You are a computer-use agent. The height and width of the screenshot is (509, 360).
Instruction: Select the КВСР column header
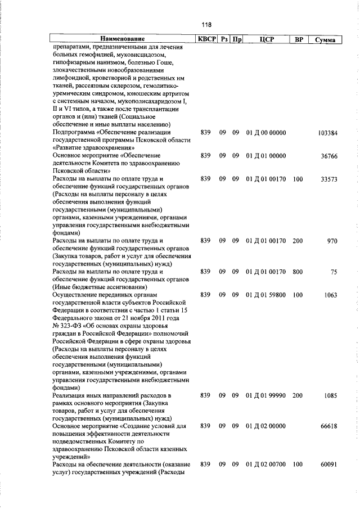point(205,40)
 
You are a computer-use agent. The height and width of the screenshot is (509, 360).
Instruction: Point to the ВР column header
point(299,40)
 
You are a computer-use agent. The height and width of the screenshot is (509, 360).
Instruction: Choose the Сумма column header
point(326,40)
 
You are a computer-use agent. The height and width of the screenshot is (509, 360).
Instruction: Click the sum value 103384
point(327,133)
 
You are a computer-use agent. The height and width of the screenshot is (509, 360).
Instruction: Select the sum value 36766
point(329,156)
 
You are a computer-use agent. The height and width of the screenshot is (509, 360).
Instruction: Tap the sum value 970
point(332,241)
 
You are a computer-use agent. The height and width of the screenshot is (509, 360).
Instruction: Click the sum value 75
point(334,272)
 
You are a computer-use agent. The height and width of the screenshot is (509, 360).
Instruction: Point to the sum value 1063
point(331,295)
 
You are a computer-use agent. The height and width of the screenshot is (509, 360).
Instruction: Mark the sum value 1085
point(331,395)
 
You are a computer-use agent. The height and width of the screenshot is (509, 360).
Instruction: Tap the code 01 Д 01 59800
point(266,295)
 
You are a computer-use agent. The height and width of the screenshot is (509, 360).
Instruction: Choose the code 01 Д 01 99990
point(266,395)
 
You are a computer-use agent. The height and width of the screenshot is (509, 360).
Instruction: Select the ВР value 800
point(298,272)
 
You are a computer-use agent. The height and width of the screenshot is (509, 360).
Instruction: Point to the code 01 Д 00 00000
point(266,133)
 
